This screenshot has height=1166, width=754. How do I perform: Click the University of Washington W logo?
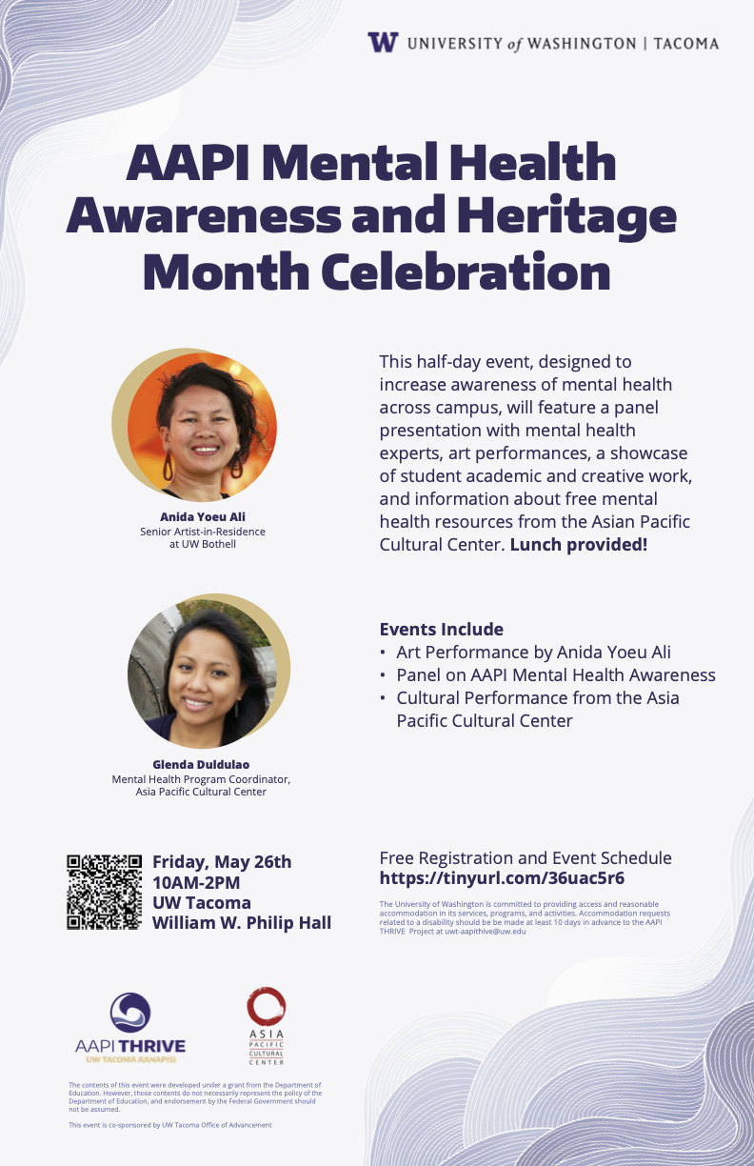click(x=383, y=43)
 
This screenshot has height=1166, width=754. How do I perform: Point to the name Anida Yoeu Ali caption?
click(x=202, y=516)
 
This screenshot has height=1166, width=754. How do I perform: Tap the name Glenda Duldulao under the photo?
click(x=201, y=764)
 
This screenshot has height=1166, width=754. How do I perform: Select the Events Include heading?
click(x=441, y=630)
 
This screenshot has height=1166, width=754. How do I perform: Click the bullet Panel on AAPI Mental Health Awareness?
click(x=556, y=675)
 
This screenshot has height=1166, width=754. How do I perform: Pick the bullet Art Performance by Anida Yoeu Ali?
click(x=534, y=653)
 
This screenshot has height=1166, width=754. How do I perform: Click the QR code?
click(x=104, y=893)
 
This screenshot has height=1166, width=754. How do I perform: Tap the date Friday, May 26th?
click(x=222, y=862)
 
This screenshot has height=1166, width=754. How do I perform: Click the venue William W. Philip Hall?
click(x=242, y=923)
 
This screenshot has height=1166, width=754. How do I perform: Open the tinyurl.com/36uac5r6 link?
click(x=502, y=878)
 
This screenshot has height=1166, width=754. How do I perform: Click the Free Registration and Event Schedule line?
click(x=526, y=857)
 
